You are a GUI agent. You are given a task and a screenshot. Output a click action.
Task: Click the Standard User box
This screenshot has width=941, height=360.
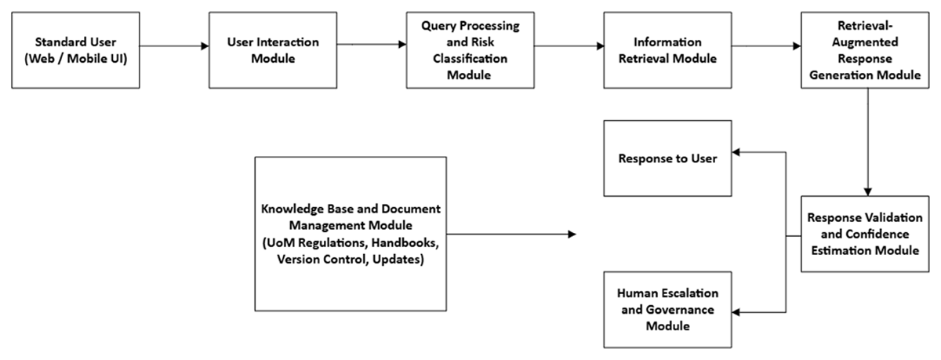[75, 50]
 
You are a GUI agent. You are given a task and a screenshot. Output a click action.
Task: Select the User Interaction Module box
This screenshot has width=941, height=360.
[273, 50]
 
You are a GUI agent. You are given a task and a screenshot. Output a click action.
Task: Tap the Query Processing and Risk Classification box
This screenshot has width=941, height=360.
[470, 50]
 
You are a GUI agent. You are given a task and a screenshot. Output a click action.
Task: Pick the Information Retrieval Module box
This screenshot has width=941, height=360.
[667, 50]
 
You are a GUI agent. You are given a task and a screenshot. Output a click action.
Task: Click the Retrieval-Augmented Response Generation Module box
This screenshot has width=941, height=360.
[865, 50]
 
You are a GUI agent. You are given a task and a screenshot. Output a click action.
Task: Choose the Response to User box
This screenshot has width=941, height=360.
[667, 158]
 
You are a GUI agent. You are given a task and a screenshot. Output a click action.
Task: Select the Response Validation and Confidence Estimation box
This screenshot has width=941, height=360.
[865, 234]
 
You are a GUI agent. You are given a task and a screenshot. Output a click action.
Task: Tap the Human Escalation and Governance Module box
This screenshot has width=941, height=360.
[667, 310]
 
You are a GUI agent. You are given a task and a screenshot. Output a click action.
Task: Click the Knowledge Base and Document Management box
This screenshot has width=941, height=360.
[351, 234]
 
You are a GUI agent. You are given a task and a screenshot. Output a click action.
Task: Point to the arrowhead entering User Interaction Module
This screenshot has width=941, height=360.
[205, 45]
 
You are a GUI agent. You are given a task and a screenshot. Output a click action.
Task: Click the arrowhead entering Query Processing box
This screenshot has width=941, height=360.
[402, 44]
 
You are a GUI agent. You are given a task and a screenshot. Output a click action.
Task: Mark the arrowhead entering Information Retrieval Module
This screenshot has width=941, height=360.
[600, 45]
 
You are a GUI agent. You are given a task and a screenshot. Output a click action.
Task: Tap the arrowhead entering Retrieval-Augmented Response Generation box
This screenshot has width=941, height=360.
[797, 45]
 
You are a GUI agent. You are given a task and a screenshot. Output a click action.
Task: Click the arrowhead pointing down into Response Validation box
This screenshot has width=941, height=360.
[868, 192]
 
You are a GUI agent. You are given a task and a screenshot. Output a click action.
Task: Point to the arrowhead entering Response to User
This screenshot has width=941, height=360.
[736, 152]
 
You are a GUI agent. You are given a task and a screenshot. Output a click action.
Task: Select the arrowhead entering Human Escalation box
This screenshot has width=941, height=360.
[736, 312]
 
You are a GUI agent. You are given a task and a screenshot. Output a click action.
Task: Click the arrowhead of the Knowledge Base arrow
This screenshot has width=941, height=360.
[572, 234]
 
